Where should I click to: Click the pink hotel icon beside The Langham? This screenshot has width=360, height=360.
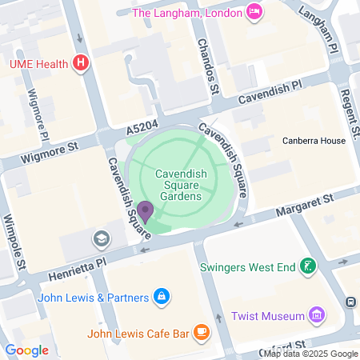tap(254, 11)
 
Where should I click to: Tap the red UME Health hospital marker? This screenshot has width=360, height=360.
tap(80, 62)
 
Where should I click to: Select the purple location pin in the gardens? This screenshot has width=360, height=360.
tap(145, 210)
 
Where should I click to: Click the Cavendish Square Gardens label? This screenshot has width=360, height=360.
tap(181, 184)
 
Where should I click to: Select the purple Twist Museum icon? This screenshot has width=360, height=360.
tap(318, 314)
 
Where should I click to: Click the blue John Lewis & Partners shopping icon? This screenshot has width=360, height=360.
tap(162, 298)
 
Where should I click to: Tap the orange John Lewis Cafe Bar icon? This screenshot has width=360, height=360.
tap(201, 330)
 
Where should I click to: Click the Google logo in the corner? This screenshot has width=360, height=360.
tap(26, 350)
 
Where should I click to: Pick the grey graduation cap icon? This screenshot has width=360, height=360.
tap(102, 238)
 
